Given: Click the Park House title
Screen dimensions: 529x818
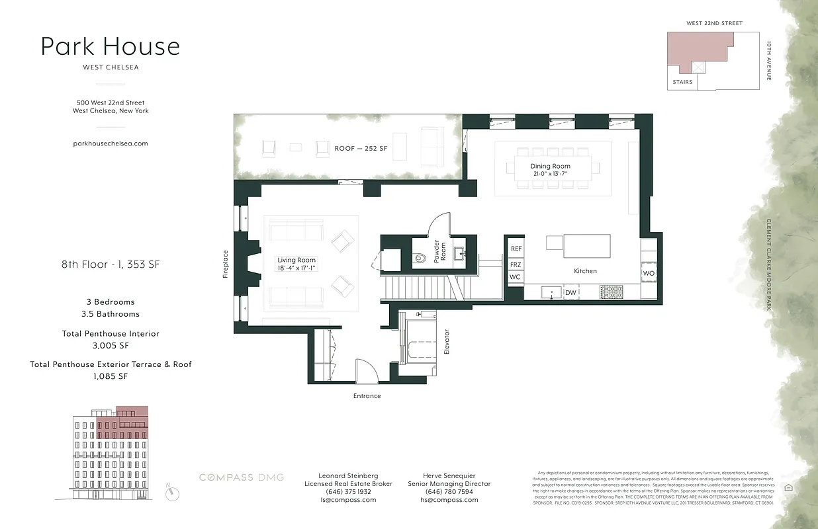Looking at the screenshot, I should pyautogui.click(x=110, y=47).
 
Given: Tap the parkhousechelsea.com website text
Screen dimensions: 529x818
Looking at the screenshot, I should pyautogui.click(x=110, y=143).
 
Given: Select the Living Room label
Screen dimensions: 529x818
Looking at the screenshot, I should pyautogui.click(x=296, y=264).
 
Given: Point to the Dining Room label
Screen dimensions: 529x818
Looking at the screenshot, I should pyautogui.click(x=550, y=170).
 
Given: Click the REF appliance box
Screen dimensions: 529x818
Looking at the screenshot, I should pyautogui.click(x=516, y=249).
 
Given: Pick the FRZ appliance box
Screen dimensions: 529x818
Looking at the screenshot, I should pyautogui.click(x=516, y=264).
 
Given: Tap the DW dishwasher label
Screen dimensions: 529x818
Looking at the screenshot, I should pyautogui.click(x=570, y=292).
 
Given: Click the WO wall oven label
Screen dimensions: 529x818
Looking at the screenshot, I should pyautogui.click(x=649, y=273).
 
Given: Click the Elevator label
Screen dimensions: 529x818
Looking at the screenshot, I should pyautogui.click(x=447, y=342).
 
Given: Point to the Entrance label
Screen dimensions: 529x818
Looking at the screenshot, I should pyautogui.click(x=367, y=396).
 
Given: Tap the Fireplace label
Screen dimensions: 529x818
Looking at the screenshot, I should pyautogui.click(x=226, y=264).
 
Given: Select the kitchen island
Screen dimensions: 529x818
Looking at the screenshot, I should pyautogui.click(x=586, y=246).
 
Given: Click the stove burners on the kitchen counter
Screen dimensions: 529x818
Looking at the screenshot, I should pyautogui.click(x=611, y=291).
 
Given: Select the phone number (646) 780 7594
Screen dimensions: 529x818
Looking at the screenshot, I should pyautogui.click(x=449, y=492).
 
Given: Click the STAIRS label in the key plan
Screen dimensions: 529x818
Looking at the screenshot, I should pyautogui.click(x=682, y=82).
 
